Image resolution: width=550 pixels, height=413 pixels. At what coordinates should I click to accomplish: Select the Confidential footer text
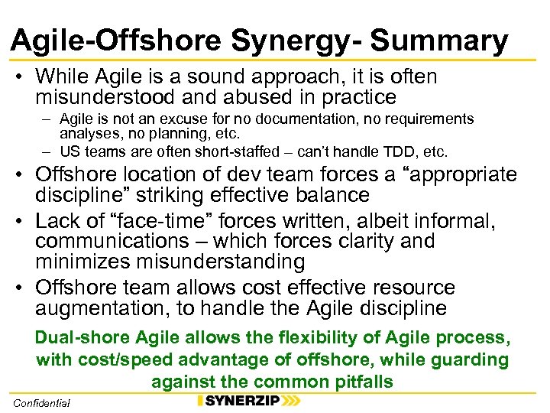(x=41, y=402)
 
